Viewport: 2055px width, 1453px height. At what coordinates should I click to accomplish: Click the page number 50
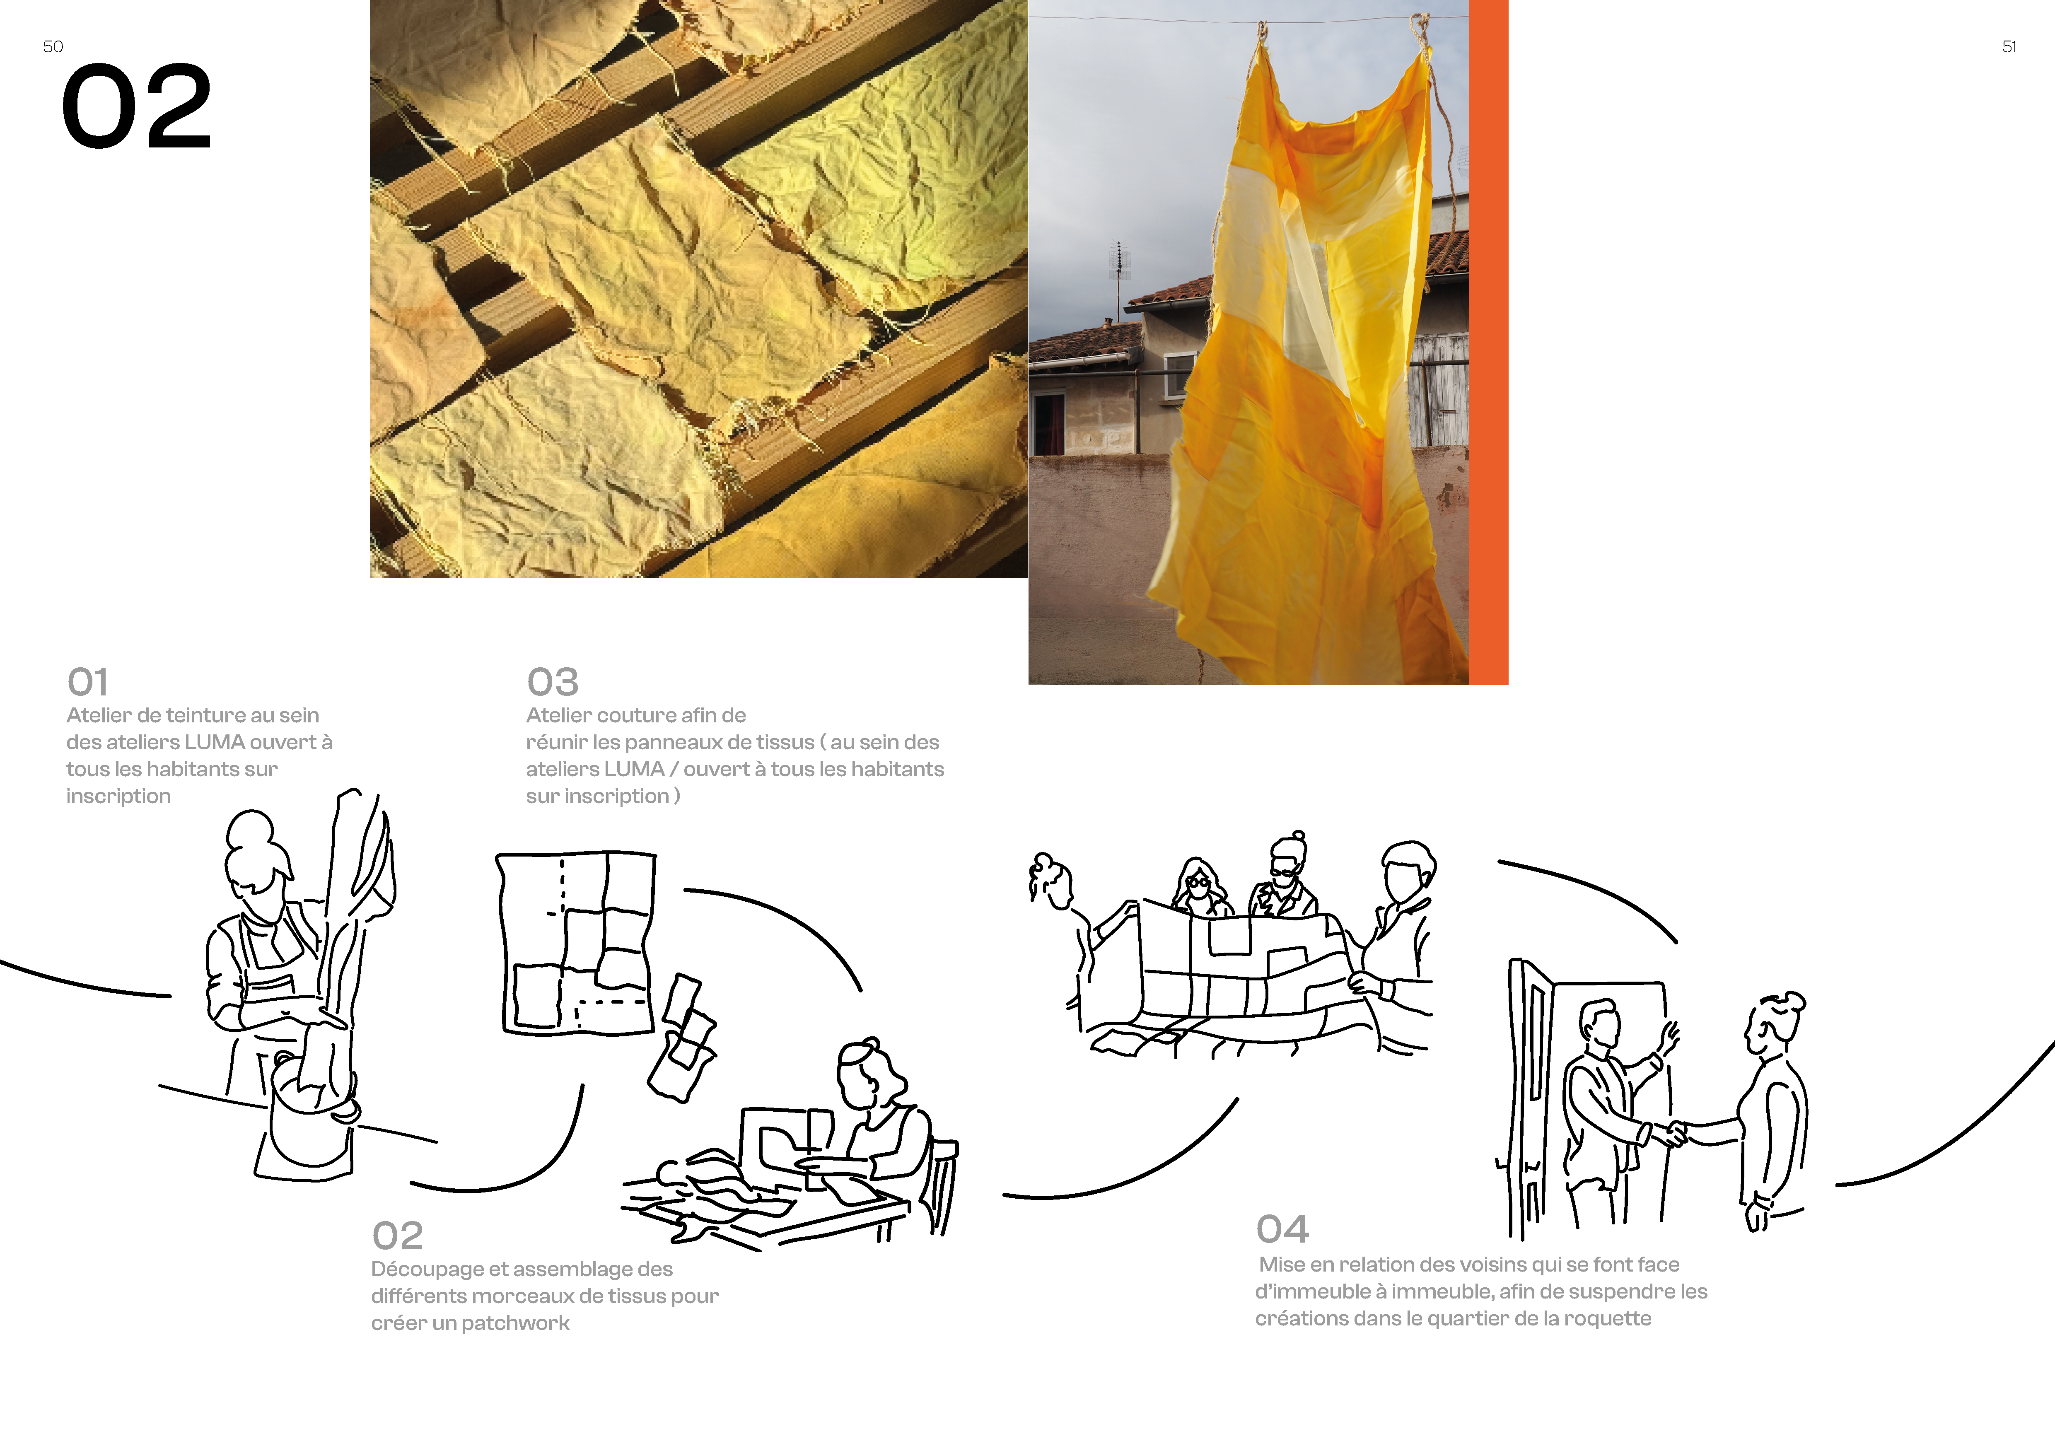(53, 46)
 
